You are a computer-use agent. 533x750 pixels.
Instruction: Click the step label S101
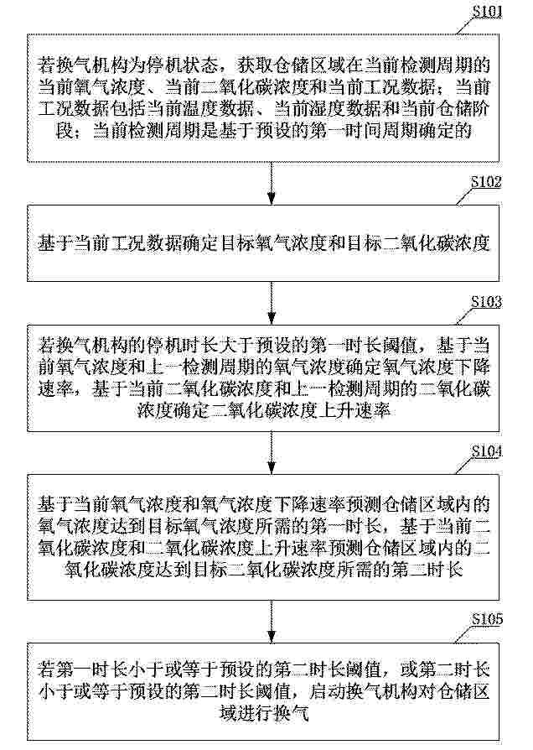(x=488, y=12)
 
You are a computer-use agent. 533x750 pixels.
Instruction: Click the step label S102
(x=487, y=182)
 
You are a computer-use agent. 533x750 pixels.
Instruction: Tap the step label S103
(x=487, y=302)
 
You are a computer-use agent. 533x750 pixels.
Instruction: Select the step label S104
(x=487, y=451)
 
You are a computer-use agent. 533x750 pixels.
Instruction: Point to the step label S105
(x=488, y=620)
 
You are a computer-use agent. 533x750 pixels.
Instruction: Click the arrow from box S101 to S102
(x=272, y=184)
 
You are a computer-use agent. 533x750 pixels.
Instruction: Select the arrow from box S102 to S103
(x=272, y=303)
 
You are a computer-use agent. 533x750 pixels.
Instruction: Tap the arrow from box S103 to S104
(x=272, y=453)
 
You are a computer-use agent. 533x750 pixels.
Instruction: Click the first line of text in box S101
(x=264, y=65)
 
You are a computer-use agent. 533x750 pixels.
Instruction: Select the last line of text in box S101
(x=264, y=131)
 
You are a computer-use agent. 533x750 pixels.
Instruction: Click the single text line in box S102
(x=264, y=243)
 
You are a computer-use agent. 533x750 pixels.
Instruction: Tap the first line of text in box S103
(x=264, y=346)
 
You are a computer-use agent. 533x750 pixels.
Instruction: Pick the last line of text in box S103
(x=264, y=411)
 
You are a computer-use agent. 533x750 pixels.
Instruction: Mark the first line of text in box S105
(x=264, y=669)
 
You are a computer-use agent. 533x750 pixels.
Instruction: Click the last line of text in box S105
(x=264, y=713)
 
